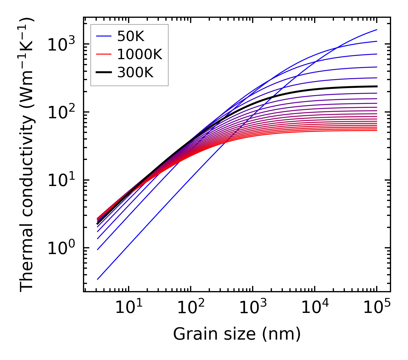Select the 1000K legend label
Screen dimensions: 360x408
coord(140,54)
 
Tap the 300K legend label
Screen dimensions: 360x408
coord(135,73)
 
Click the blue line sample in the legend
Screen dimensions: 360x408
coord(104,36)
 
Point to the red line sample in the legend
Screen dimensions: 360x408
coord(104,54)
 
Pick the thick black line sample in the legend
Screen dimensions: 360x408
coord(104,73)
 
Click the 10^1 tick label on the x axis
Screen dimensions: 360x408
coord(128,307)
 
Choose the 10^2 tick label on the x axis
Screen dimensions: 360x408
coord(190,307)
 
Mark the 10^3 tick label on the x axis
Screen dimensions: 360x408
coord(252,307)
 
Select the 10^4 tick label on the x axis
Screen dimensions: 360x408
coord(314,307)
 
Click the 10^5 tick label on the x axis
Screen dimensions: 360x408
coord(376,307)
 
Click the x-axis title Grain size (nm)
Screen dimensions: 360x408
coord(237,334)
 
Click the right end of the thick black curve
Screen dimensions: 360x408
coord(376,86)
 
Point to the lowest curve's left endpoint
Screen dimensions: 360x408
coord(97,279)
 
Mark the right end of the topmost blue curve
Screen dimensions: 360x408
coord(376,30)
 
